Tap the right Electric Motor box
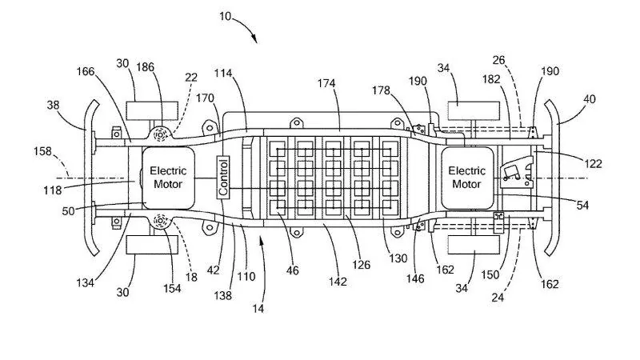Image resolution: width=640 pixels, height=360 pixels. [x=466, y=176]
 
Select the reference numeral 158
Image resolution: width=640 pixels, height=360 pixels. [x=45, y=150]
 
